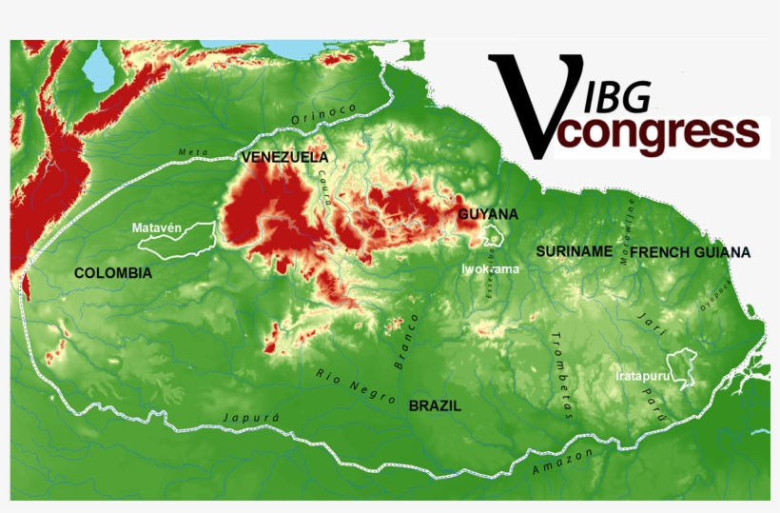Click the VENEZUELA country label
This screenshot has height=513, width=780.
(284, 157)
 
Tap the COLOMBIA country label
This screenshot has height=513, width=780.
(113, 273)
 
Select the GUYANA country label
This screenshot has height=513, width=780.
(488, 214)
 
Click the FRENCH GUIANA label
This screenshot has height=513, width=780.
(690, 252)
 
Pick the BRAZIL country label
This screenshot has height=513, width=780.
(435, 405)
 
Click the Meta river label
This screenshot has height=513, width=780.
(191, 152)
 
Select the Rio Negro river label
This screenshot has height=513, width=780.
(356, 385)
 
